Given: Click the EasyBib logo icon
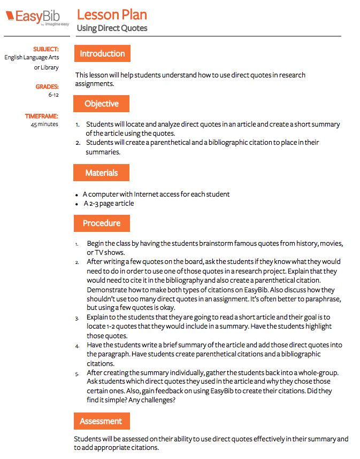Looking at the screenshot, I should (10, 16).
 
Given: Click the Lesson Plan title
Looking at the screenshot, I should (112, 14).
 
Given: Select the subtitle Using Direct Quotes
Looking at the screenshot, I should (112, 28).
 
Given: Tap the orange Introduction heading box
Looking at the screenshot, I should (102, 53).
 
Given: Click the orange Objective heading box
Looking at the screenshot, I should (101, 104).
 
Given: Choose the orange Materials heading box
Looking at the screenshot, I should (101, 173).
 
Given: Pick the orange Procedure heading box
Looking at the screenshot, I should (101, 223).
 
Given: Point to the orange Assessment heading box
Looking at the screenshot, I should (101, 421).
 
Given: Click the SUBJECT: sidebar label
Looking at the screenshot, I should (46, 49).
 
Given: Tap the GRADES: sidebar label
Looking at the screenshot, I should (47, 87).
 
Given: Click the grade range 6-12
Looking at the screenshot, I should (53, 95).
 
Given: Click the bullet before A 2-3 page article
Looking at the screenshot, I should (78, 204).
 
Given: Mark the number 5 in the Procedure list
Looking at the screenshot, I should (77, 374).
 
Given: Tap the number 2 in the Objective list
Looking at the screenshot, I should (77, 143).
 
